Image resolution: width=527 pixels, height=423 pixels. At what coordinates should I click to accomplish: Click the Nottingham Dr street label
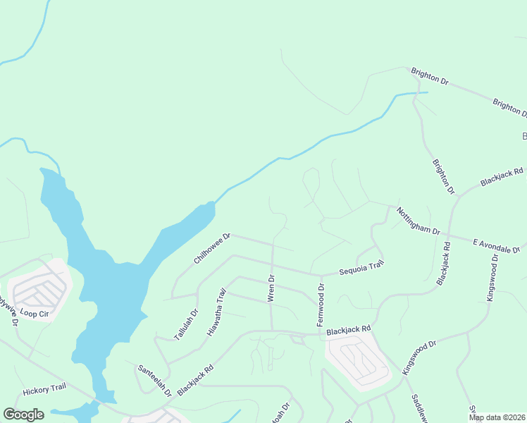tap(418, 221)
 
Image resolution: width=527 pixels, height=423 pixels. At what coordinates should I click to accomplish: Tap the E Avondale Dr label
tap(496, 246)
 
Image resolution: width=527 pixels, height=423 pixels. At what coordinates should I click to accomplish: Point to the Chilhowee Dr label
tap(212, 249)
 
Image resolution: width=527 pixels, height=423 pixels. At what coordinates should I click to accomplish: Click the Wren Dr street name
tap(271, 289)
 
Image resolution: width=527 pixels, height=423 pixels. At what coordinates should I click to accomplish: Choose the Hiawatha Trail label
tap(216, 311)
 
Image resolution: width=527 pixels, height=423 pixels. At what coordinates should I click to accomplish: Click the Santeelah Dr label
tap(154, 380)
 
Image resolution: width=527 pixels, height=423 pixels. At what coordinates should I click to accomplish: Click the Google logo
tap(23, 415)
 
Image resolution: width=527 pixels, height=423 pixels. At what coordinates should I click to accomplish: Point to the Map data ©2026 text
tap(497, 417)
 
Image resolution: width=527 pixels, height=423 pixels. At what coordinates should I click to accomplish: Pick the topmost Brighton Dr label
tap(430, 77)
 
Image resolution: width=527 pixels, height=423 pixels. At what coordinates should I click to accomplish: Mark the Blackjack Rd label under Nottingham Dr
tap(446, 264)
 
